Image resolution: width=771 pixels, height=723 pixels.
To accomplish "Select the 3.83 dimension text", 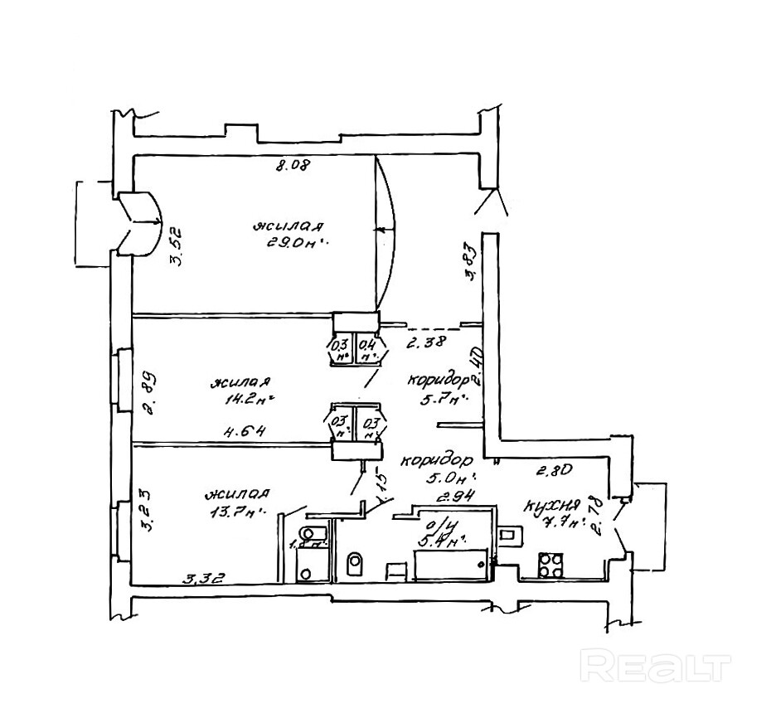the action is coord(471,261).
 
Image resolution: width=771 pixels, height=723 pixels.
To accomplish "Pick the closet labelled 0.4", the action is coord(369,349).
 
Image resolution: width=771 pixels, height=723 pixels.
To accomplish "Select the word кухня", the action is coord(549,506).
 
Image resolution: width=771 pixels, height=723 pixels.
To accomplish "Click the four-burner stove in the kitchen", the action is coord(550,565).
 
